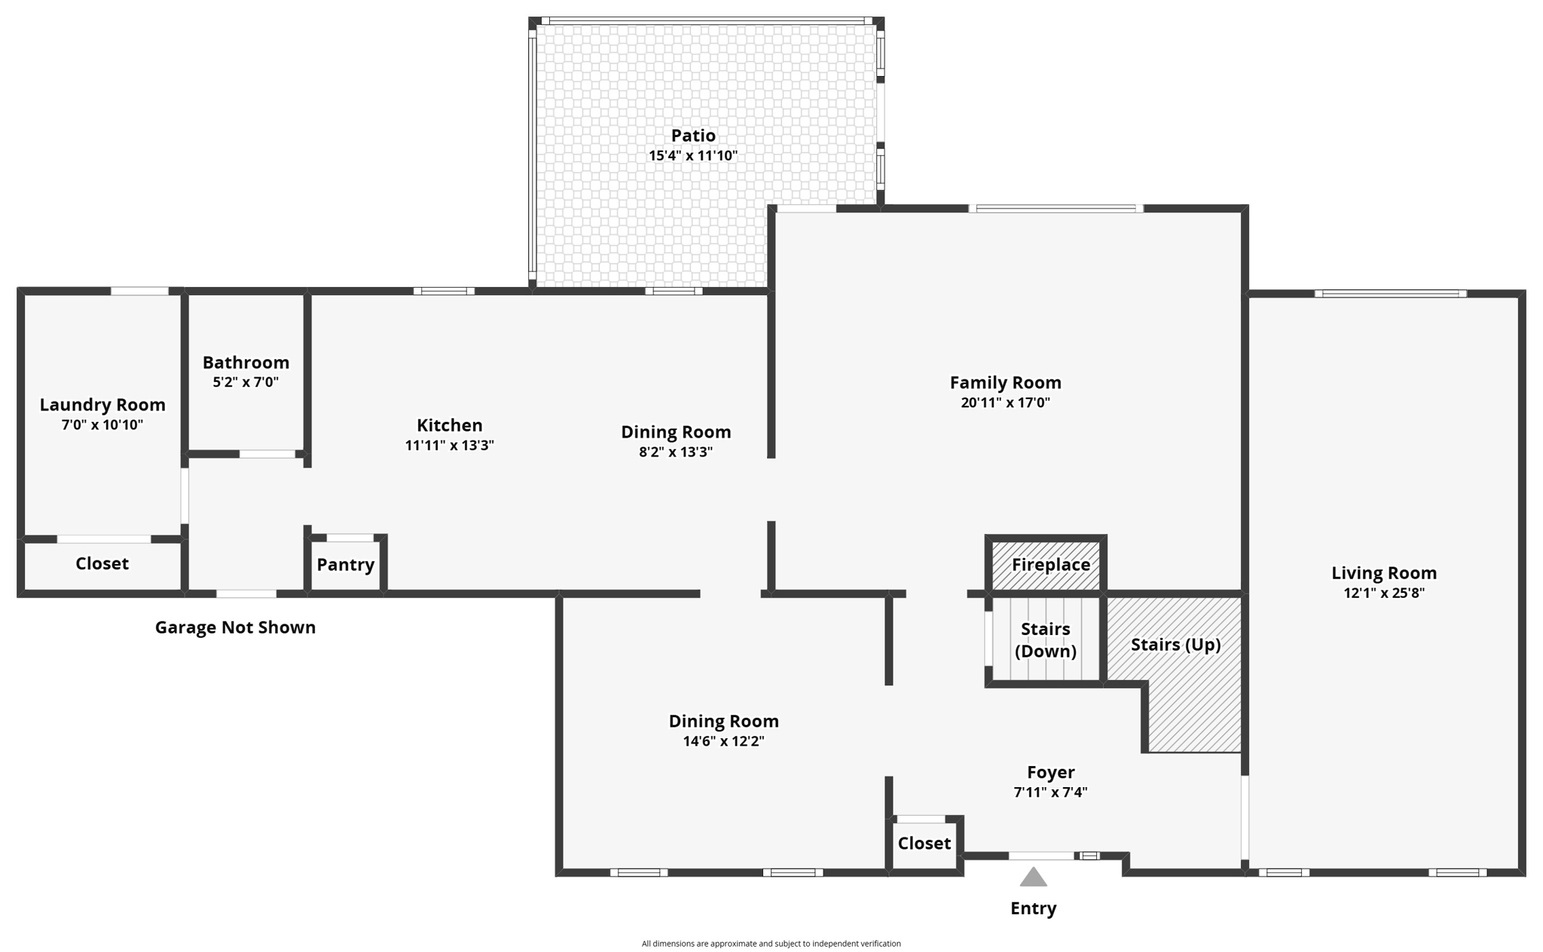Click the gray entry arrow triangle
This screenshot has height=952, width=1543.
tap(1033, 877)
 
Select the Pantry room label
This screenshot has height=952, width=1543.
tap(345, 565)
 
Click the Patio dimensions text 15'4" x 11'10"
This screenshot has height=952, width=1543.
tap(693, 156)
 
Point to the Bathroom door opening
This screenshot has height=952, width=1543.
tap(267, 454)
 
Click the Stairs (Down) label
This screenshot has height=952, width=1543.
tap(1045, 640)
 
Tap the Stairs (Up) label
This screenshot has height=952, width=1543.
tap(1175, 645)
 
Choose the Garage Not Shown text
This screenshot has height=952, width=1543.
tap(235, 627)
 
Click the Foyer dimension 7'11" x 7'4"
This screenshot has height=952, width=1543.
tap(1050, 792)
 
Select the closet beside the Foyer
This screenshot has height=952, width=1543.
tap(924, 844)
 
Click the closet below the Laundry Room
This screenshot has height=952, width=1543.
tap(102, 564)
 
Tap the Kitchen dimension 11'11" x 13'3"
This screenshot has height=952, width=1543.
tap(449, 445)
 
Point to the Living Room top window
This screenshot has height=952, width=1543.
tap(1390, 294)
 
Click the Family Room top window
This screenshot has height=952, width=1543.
tap(1055, 209)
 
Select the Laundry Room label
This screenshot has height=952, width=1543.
tap(102, 405)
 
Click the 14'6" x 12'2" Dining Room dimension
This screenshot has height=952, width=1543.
tap(723, 741)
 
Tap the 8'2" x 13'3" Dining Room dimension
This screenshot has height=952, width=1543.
tap(675, 452)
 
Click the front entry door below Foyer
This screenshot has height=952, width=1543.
tap(1041, 856)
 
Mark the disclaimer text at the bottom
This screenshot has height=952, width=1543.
tap(771, 944)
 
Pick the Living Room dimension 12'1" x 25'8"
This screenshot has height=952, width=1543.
tap(1383, 593)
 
